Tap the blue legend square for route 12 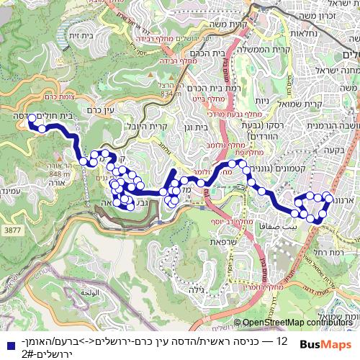click(8, 345)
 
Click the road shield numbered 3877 click(13, 229)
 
